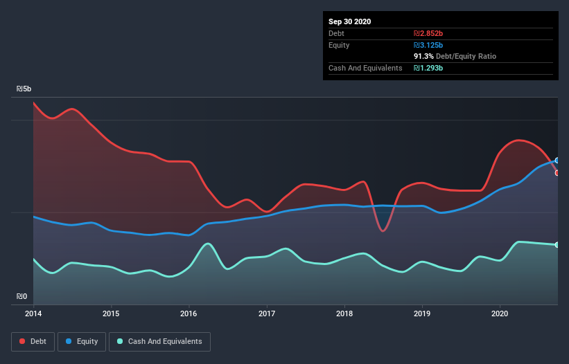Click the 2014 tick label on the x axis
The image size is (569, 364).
pyautogui.click(x=33, y=313)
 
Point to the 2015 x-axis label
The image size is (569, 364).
pyautogui.click(x=111, y=313)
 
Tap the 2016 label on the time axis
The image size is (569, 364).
pyautogui.click(x=189, y=313)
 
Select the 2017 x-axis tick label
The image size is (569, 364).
pyautogui.click(x=267, y=313)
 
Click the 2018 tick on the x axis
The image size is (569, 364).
pyautogui.click(x=344, y=313)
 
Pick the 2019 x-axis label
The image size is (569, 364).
pyautogui.click(x=423, y=313)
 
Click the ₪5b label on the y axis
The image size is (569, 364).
pyautogui.click(x=24, y=89)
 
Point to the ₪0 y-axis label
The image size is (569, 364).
pyautogui.click(x=22, y=297)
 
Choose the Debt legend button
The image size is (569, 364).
pyautogui.click(x=29, y=341)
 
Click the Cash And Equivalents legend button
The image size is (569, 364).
pyautogui.click(x=159, y=341)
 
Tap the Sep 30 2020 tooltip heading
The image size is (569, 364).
pyautogui.click(x=349, y=21)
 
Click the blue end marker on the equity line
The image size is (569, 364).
pyautogui.click(x=557, y=161)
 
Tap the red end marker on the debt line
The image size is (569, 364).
pyautogui.click(x=557, y=173)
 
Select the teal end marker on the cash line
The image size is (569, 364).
pyautogui.click(x=557, y=245)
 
